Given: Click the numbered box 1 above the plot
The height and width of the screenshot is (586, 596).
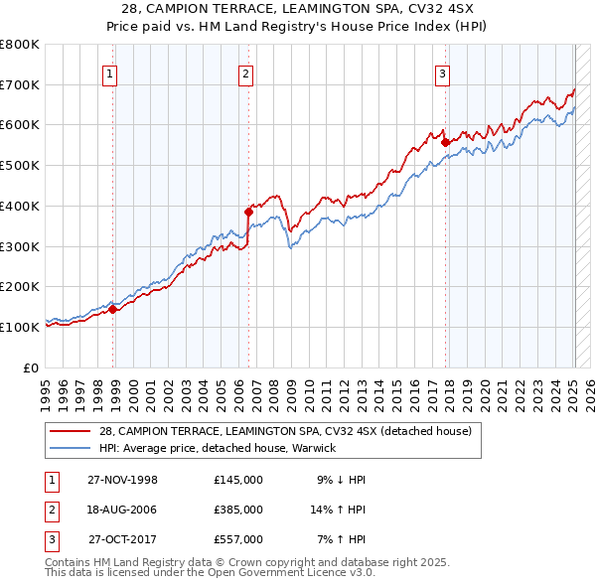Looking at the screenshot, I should [109, 73].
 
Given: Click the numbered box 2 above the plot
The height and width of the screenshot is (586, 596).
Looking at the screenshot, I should [245, 73].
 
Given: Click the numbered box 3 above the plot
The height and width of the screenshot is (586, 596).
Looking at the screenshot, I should [442, 73].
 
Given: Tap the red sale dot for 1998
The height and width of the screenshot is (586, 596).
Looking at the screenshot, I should [113, 309].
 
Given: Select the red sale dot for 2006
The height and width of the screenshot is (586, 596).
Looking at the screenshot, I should [249, 211].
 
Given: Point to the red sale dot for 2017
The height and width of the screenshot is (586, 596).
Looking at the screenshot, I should [446, 141].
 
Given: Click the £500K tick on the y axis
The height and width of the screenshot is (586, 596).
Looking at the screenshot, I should [19, 166].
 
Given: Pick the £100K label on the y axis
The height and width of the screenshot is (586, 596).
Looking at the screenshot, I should [19, 327].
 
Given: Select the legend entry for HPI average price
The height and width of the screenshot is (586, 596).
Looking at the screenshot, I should [217, 448].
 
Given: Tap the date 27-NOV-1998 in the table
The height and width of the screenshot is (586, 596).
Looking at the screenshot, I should [122, 480].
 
